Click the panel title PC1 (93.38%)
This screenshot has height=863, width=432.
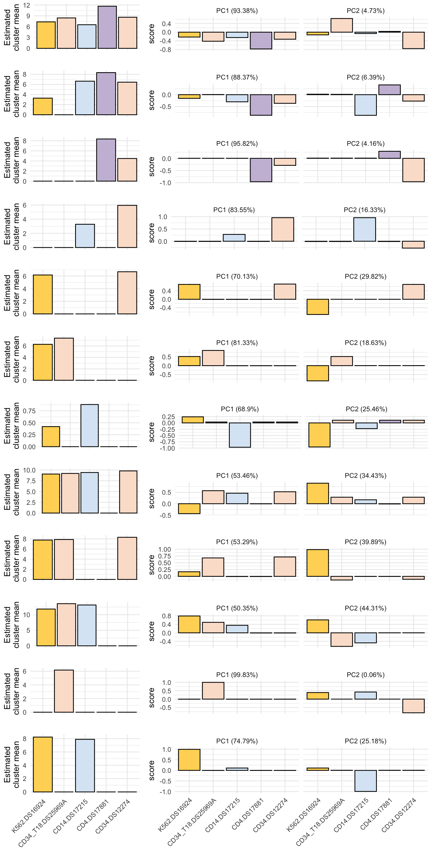point(237,11)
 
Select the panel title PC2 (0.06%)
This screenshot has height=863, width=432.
point(365,675)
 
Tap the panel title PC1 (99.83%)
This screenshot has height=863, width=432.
point(237,675)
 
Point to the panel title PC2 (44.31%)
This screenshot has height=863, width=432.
point(365,608)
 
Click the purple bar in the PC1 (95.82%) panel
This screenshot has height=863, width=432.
point(261,170)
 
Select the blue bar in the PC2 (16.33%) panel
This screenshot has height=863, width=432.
point(364,230)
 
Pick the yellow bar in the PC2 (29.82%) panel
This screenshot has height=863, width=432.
point(318,306)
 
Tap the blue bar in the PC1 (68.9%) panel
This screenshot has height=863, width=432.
point(240,435)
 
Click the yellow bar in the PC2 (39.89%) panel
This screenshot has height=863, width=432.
point(318,563)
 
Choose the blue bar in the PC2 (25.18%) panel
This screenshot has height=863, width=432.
point(366,781)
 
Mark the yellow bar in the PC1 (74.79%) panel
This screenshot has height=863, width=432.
point(189,760)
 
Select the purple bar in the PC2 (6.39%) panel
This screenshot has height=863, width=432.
point(390,90)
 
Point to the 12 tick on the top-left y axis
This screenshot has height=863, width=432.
point(26,5)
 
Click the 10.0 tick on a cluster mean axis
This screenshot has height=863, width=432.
point(29,470)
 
